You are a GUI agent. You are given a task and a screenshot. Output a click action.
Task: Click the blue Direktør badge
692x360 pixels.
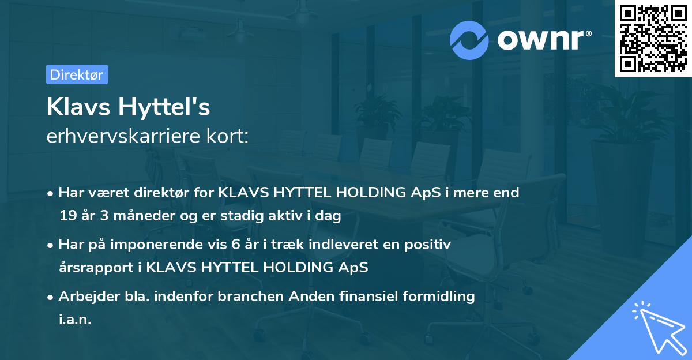77,74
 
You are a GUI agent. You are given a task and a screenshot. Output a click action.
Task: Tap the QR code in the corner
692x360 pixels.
653,38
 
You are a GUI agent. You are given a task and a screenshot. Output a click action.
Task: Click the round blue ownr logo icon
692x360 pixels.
469,39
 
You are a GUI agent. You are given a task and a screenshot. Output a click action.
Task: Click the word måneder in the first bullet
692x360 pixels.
131,216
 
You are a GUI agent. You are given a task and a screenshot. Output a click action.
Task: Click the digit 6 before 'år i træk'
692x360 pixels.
235,245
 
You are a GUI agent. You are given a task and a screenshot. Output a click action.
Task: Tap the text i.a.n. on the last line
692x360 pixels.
75,320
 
